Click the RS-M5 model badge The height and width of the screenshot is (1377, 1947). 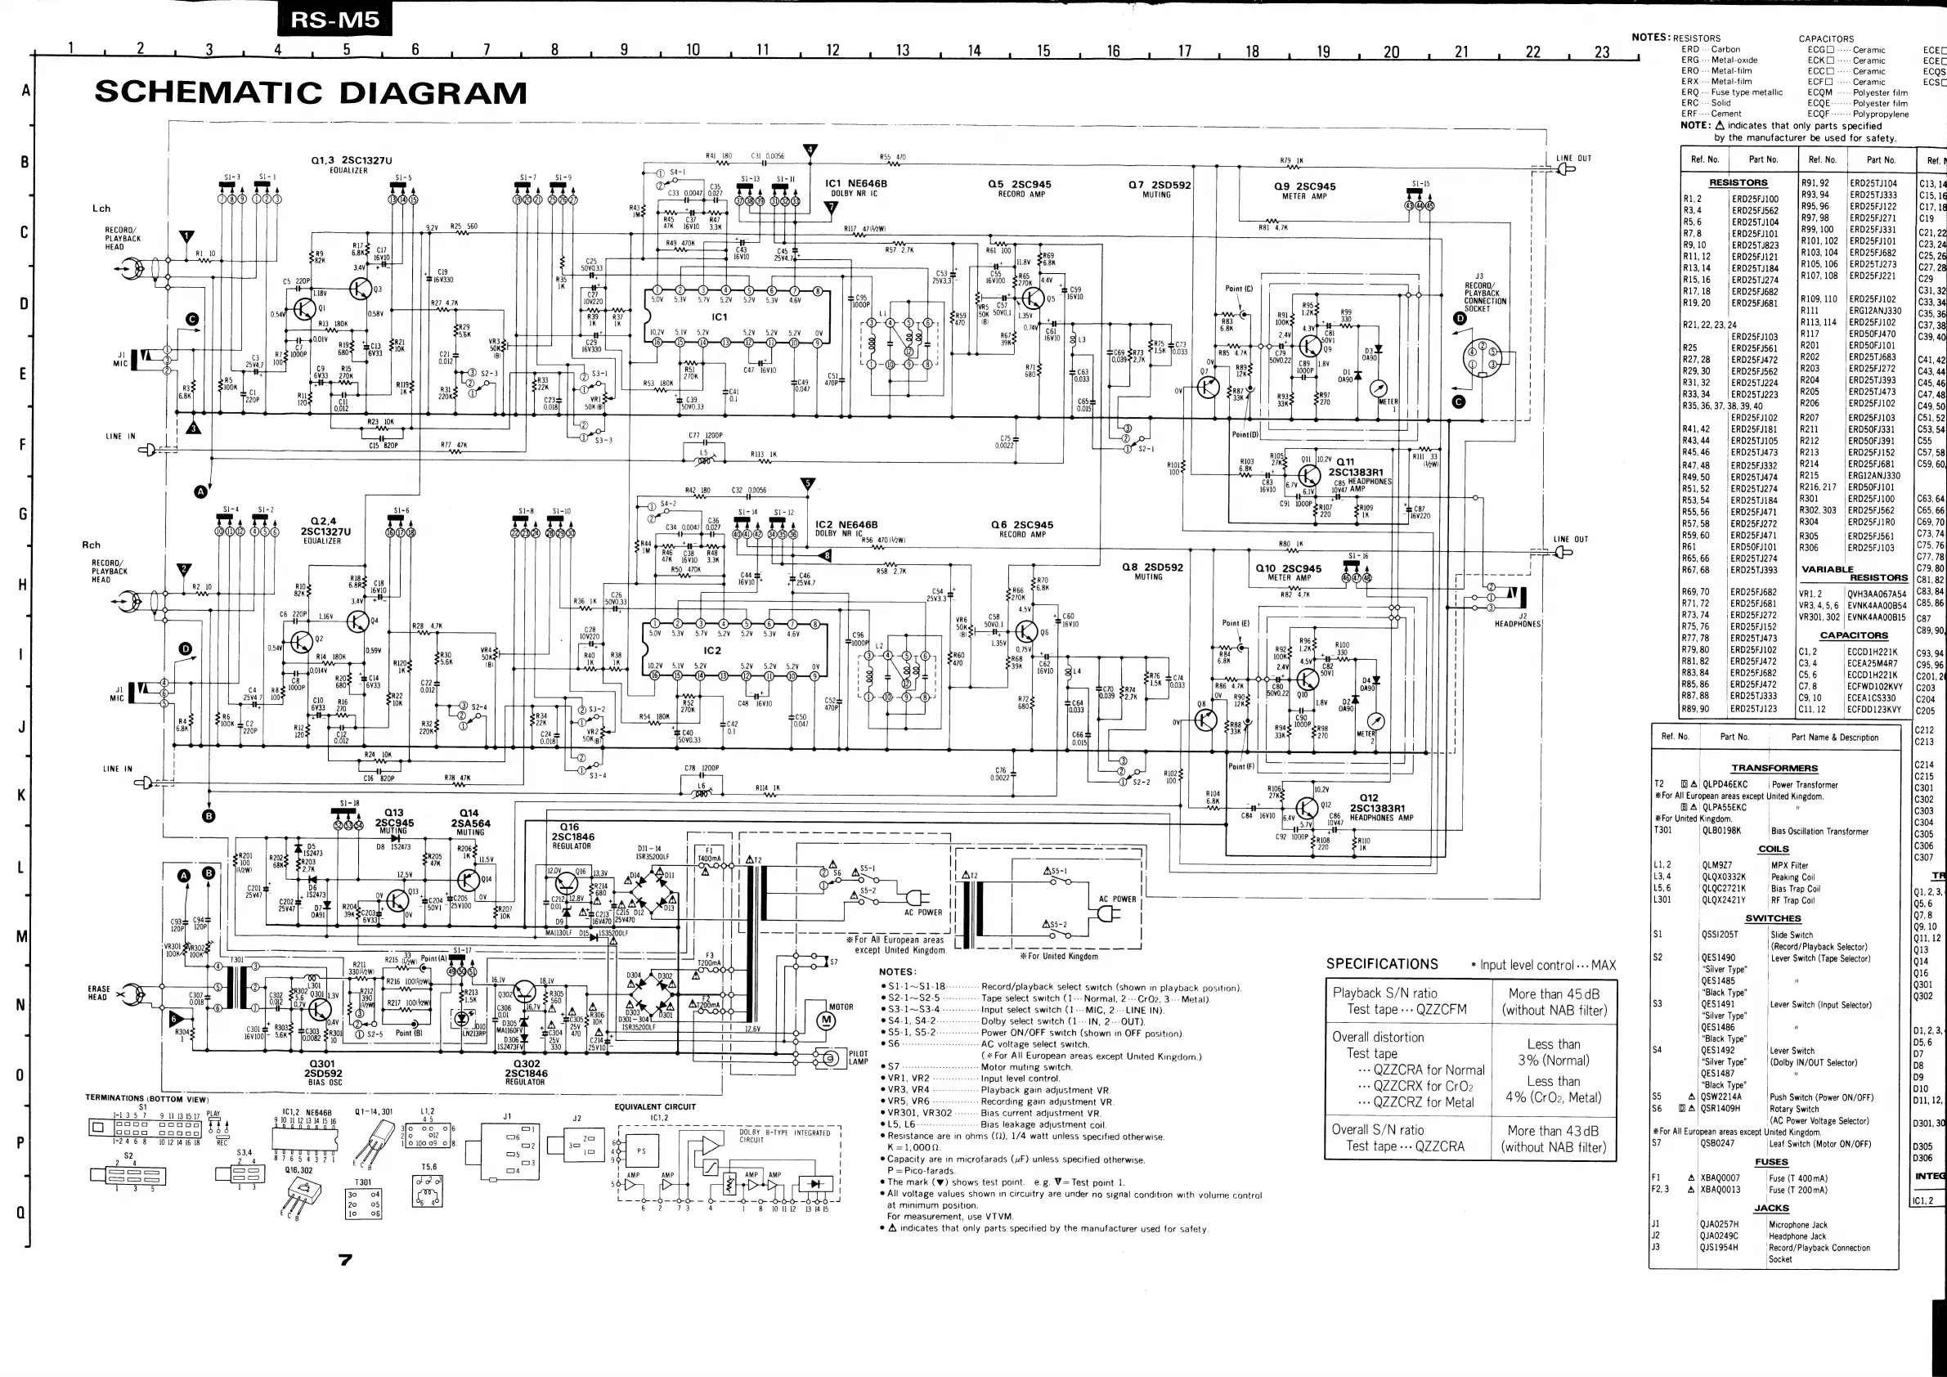(x=335, y=19)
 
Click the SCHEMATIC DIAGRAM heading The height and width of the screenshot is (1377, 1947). (x=311, y=92)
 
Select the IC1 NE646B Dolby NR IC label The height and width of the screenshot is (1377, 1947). (x=855, y=187)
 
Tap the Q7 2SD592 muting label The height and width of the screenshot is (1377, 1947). (x=1160, y=188)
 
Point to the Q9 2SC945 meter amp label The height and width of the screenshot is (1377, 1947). (x=1304, y=190)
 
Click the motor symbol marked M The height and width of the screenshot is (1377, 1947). (x=828, y=1022)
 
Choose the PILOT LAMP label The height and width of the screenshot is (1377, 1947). (x=858, y=1057)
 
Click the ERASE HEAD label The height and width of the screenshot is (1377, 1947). (x=98, y=993)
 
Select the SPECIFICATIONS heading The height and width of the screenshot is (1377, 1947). (x=1382, y=964)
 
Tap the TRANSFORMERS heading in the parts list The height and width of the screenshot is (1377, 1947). (x=1774, y=768)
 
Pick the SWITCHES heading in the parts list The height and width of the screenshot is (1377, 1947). (x=1773, y=918)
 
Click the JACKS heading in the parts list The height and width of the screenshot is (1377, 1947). (x=1771, y=1209)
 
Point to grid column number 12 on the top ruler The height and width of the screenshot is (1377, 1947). (x=832, y=50)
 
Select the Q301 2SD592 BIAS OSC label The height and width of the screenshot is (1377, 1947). (x=322, y=1072)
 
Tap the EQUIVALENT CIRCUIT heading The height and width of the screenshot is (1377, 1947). (x=655, y=1106)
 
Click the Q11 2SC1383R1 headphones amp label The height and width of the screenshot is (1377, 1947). (x=1353, y=468)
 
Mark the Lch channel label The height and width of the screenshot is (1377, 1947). (x=101, y=209)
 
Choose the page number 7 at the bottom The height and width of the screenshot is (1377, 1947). (x=345, y=1260)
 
